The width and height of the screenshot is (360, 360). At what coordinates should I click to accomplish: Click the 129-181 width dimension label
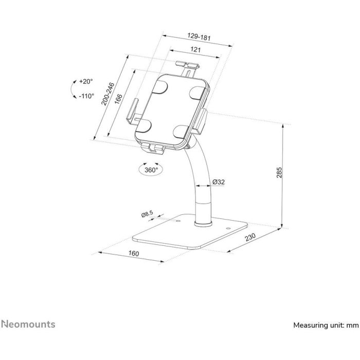coord(199,37)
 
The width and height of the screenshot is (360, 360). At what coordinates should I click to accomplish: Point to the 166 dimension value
coord(118,98)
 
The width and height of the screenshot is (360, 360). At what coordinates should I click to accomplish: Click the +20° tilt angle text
coord(85,81)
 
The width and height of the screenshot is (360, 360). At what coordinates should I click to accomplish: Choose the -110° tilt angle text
coord(86,96)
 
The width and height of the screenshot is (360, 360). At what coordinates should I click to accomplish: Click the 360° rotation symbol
coord(151,169)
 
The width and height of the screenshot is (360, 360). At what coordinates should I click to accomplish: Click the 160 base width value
coord(133,254)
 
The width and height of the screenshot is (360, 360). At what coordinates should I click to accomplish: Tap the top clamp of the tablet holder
coord(187,67)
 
